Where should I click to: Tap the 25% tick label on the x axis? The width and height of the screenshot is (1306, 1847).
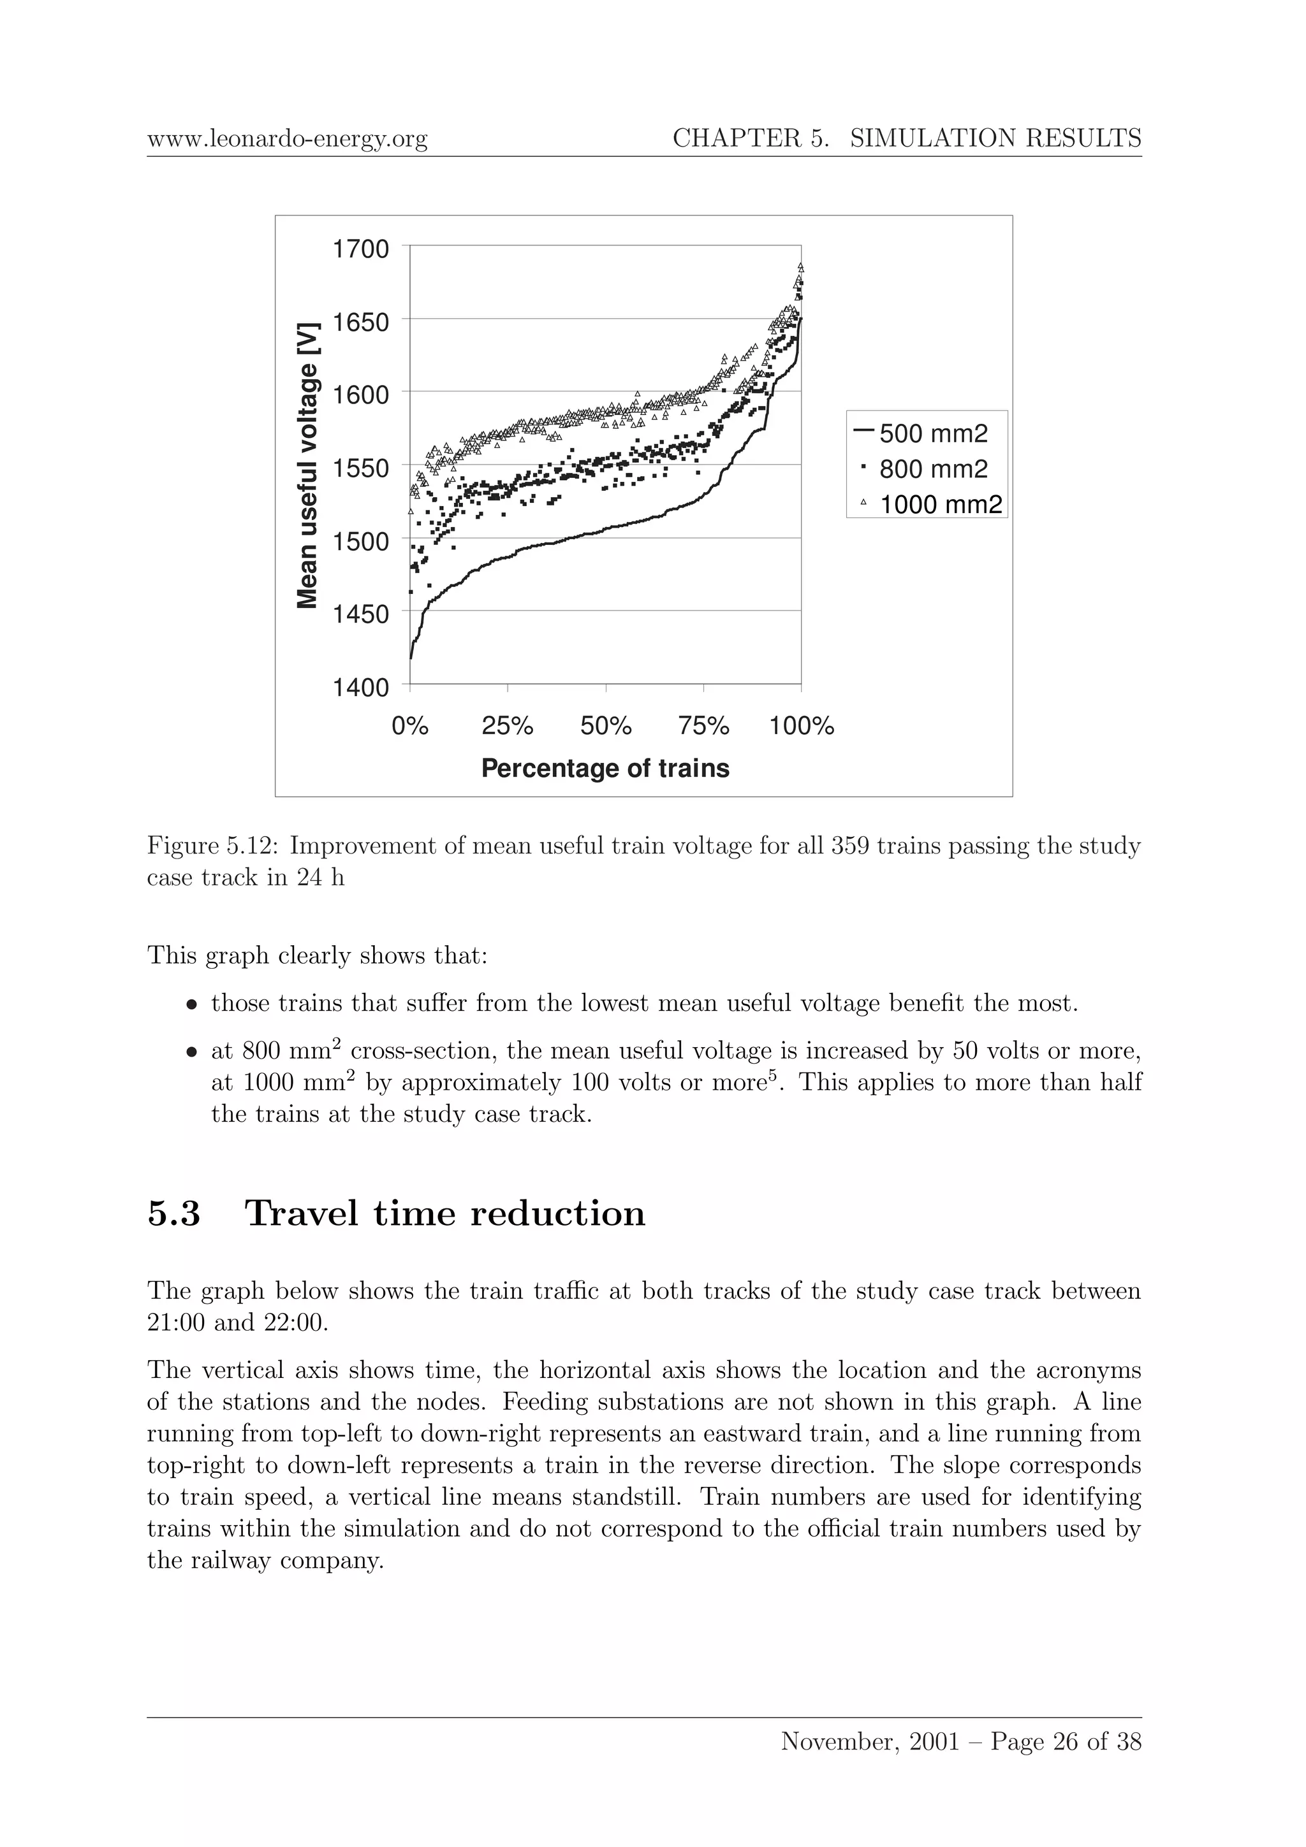pyautogui.click(x=507, y=727)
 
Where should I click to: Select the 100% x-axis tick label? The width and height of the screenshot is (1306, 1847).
pyautogui.click(x=802, y=727)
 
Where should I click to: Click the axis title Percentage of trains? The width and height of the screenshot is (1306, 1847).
pyautogui.click(x=605, y=768)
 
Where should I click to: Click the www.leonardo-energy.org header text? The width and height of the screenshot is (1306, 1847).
pyautogui.click(x=287, y=139)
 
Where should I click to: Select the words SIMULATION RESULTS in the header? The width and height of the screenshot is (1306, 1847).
pyautogui.click(x=995, y=138)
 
